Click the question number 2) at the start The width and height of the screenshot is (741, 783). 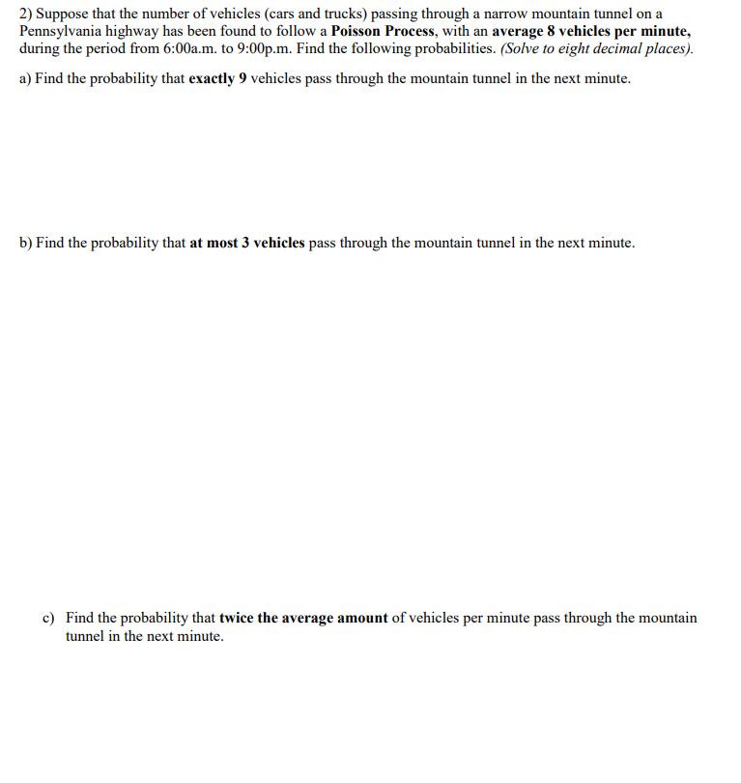[x=26, y=14]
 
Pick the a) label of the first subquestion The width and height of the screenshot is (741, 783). [x=25, y=78]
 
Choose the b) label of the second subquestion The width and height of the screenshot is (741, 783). [x=25, y=243]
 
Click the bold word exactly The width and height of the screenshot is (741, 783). [x=212, y=78]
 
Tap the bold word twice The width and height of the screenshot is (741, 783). [x=237, y=618]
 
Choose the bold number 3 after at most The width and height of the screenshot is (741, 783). [x=245, y=243]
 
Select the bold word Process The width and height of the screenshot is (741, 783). [x=410, y=31]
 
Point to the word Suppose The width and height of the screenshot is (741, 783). [x=63, y=14]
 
